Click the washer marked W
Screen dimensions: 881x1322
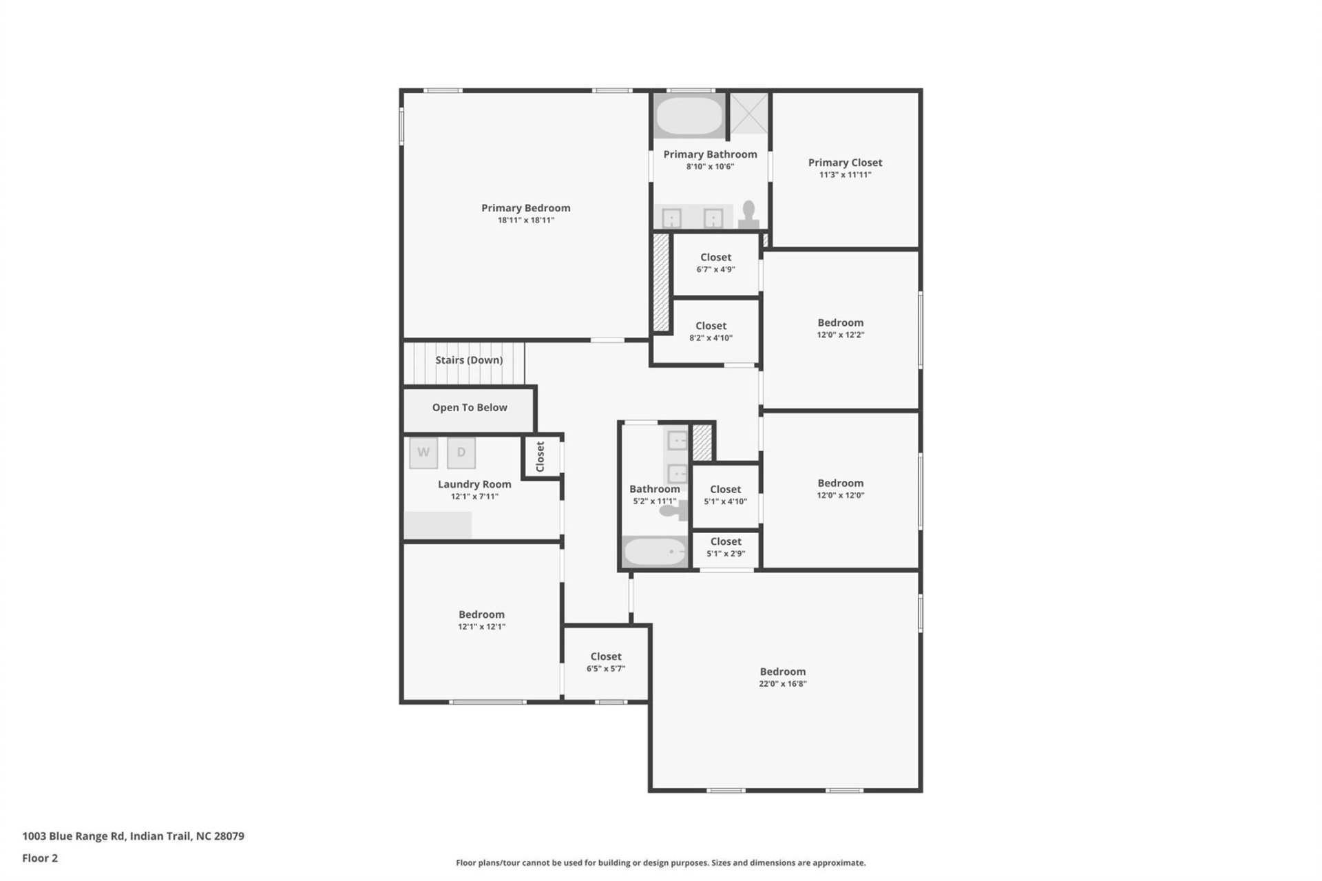click(x=423, y=453)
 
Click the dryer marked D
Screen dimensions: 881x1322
click(x=461, y=453)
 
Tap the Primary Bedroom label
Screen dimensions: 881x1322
click(x=525, y=208)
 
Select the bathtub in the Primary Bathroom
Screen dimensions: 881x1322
click(x=689, y=116)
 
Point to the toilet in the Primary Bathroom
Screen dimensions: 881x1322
click(x=748, y=214)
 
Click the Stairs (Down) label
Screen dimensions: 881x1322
click(x=469, y=360)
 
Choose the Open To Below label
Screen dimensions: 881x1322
click(x=470, y=408)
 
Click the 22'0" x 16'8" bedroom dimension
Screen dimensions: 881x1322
click(x=783, y=684)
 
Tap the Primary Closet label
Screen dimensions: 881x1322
click(x=845, y=163)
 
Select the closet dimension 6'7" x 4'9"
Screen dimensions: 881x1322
click(x=715, y=269)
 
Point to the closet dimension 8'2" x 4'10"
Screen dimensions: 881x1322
click(x=711, y=338)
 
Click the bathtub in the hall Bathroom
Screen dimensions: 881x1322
click(x=655, y=552)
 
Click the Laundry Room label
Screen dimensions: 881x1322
click(x=474, y=484)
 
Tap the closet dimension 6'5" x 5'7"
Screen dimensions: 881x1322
click(x=606, y=669)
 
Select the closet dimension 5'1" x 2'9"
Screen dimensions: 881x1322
click(x=726, y=554)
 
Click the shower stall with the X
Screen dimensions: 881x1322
click(x=748, y=113)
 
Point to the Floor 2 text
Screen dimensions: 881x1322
click(x=40, y=858)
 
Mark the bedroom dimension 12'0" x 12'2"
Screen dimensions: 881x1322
click(x=840, y=335)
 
